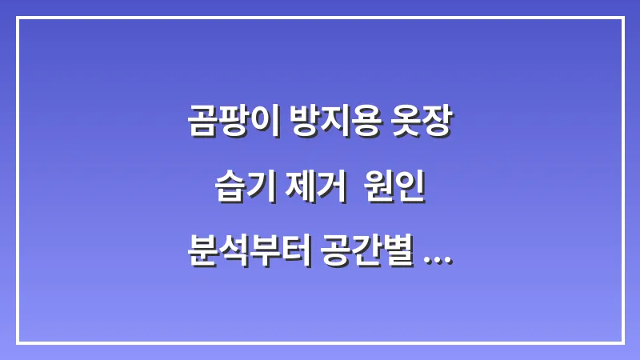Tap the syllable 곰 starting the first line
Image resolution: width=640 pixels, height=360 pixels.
tap(201, 123)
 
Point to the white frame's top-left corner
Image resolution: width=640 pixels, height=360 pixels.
tap(18, 18)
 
